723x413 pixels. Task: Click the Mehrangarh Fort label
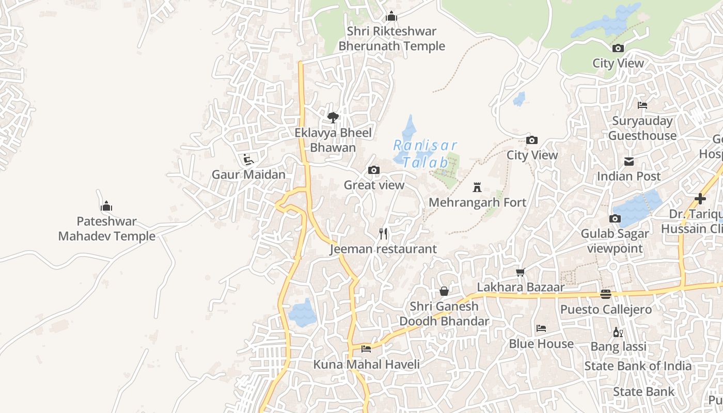coord(477,202)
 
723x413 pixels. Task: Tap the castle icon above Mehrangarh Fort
coord(477,187)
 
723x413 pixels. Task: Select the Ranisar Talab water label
coord(426,153)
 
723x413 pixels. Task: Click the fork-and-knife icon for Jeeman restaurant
coord(383,234)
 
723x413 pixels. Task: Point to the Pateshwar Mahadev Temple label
coord(106,229)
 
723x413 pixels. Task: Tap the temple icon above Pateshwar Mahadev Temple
coord(106,206)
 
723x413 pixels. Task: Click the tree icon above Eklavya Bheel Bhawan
coord(333,117)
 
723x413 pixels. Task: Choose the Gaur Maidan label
coord(248,174)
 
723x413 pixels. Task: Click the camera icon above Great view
coord(374,170)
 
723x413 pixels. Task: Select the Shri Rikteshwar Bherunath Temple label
coord(391,39)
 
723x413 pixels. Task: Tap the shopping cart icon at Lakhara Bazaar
coord(521,272)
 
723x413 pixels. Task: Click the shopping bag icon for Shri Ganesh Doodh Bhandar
coord(444,291)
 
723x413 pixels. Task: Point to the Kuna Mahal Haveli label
coord(366,364)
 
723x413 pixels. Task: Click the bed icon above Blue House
coord(541,328)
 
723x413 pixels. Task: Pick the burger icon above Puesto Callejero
coord(606,294)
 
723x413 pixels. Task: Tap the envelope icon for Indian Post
coord(629,162)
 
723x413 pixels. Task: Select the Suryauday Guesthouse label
coord(642,129)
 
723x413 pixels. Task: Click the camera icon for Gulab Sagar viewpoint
coord(615,219)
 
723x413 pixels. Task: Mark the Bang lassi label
coord(618,346)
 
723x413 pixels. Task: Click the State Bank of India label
coord(638,366)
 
